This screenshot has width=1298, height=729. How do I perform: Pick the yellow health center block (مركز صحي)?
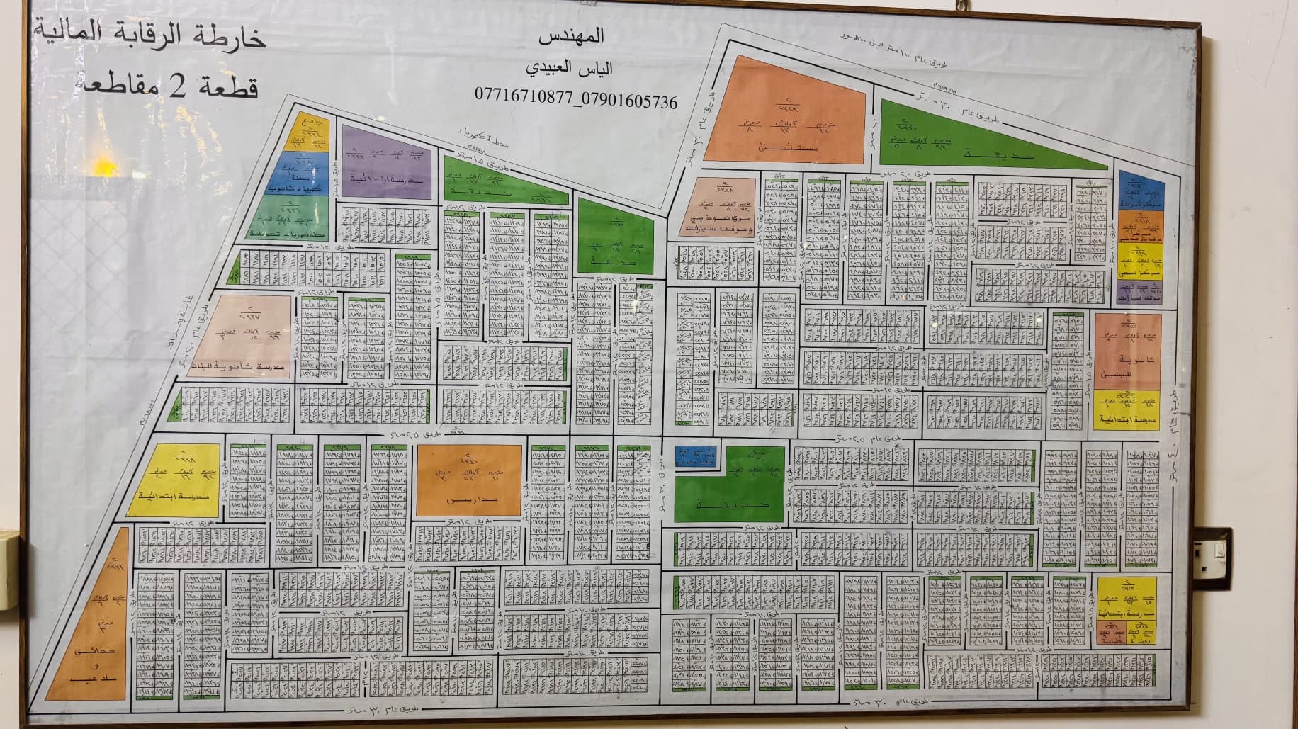tap(1139, 261)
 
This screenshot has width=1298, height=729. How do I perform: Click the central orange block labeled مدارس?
tap(469, 480)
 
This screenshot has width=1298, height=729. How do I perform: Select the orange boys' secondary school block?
tap(1126, 351)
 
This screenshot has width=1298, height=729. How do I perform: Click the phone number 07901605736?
tap(627, 101)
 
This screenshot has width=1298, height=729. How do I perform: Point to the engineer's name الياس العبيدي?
tap(570, 69)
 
